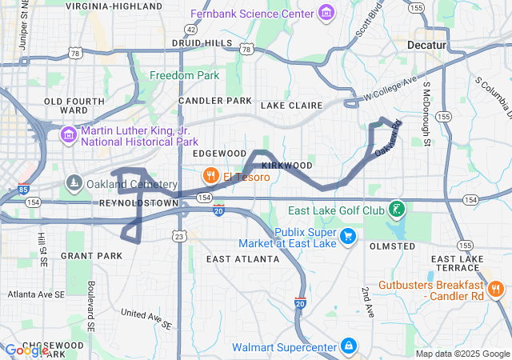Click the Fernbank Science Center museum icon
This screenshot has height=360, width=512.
(326, 14)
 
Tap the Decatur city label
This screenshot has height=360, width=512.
(426, 46)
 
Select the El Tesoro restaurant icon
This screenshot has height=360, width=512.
(210, 175)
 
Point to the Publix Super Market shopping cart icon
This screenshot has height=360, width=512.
(348, 236)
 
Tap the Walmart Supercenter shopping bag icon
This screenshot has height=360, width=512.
(348, 346)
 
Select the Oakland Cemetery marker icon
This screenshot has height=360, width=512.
(74, 183)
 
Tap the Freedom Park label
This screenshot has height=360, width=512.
(184, 76)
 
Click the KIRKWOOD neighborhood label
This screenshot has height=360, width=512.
(286, 165)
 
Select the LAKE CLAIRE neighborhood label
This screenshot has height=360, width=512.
(290, 105)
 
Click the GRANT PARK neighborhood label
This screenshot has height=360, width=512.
(91, 256)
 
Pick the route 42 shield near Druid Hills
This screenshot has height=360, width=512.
(190, 28)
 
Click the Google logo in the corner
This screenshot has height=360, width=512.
(26, 350)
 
